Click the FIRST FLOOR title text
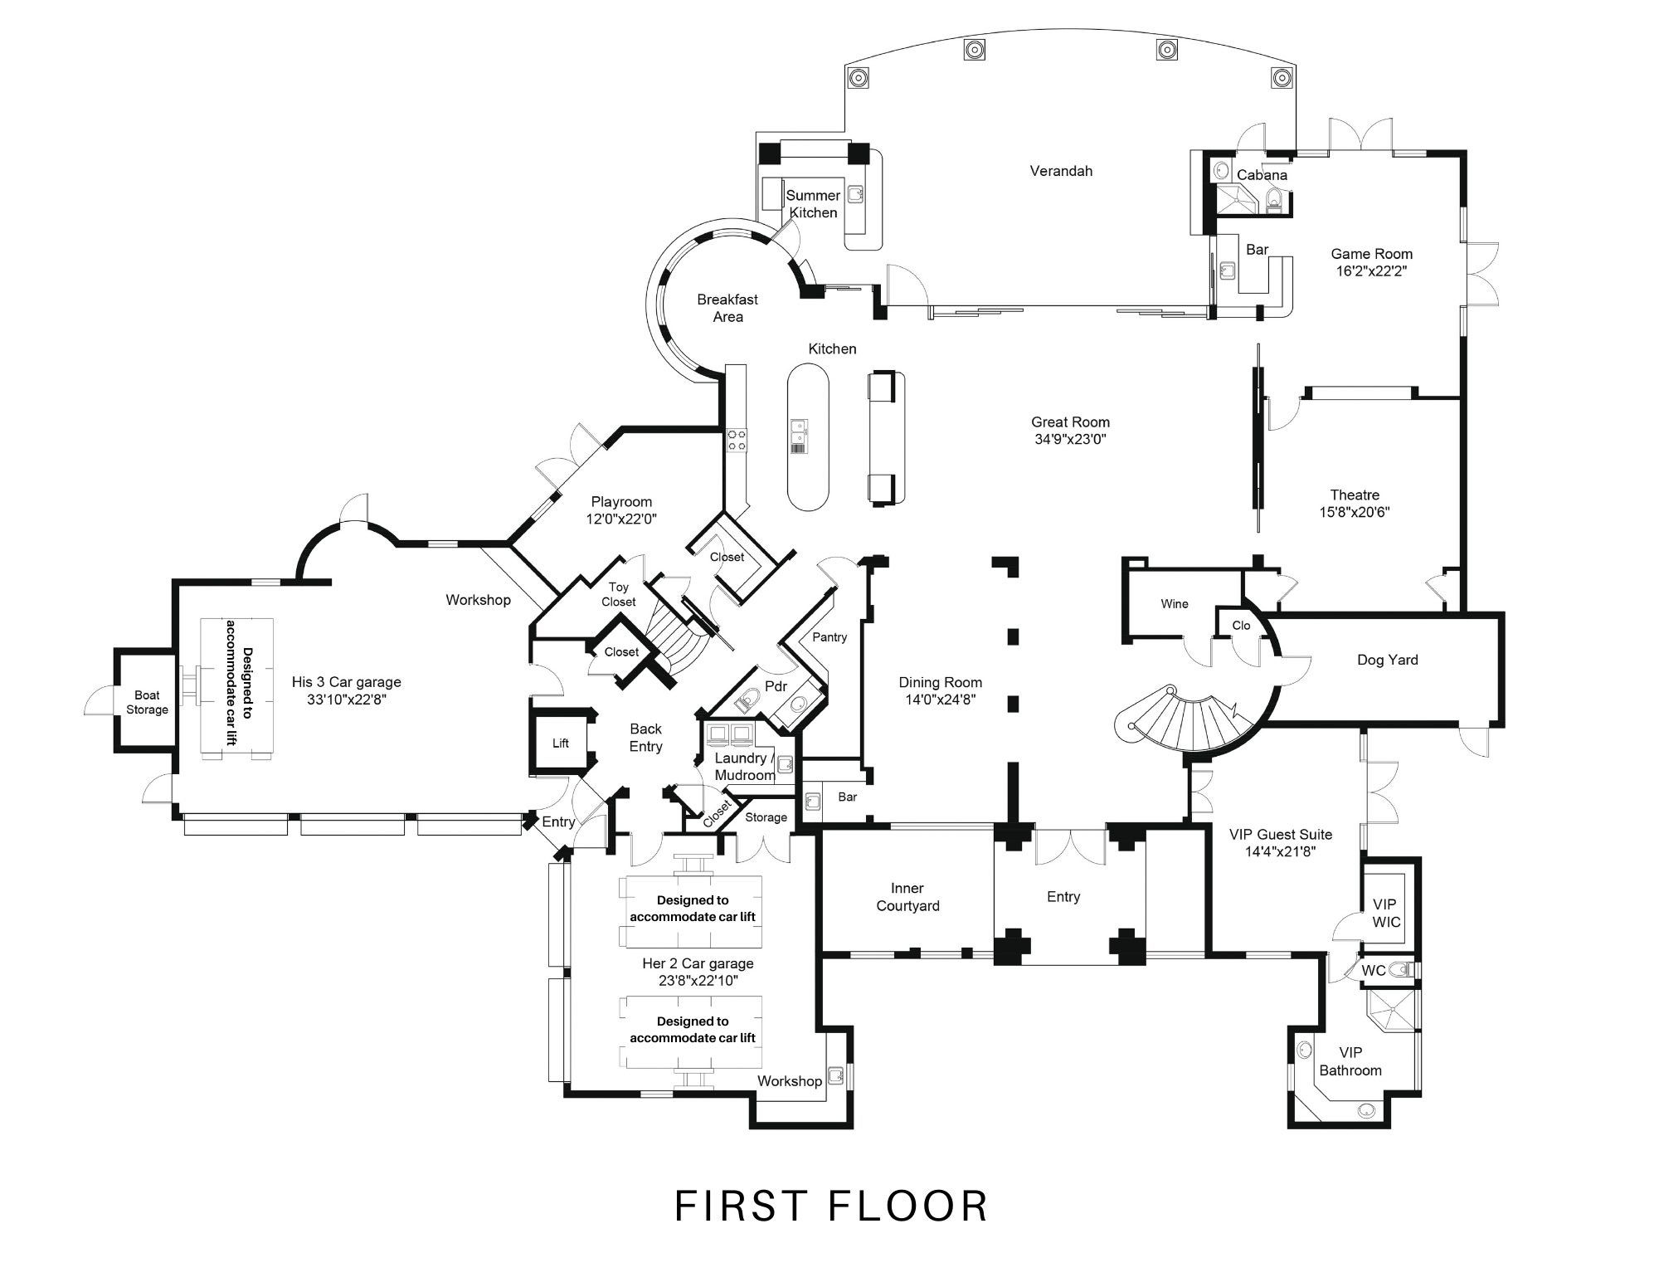[831, 1206]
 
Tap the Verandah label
[1061, 171]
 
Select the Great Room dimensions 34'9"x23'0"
[1071, 440]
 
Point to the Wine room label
[1174, 604]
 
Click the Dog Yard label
[1387, 660]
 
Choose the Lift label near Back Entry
[561, 743]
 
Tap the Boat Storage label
[147, 703]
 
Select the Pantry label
[829, 637]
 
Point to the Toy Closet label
[619, 595]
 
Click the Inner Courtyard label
[907, 897]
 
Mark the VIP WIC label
[1385, 913]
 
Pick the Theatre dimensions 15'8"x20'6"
[1355, 513]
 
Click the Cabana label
[1262, 175]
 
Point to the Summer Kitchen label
[813, 204]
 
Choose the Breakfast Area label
[727, 308]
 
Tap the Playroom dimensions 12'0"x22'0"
[622, 519]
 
